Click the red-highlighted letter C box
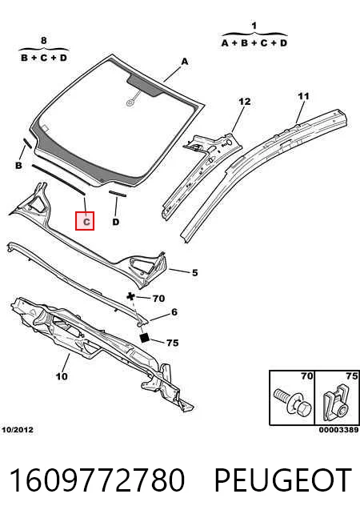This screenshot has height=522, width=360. click(85, 221)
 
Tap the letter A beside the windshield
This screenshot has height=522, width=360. click(185, 62)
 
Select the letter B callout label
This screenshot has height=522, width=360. click(18, 165)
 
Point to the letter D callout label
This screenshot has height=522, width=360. click(116, 222)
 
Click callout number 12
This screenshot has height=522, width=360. click(245, 102)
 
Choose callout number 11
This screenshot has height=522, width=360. click(303, 96)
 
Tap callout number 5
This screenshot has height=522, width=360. click(195, 273)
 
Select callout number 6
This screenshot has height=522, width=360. click(174, 312)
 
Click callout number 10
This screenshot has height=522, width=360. click(62, 376)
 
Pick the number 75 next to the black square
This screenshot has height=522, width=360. click(172, 343)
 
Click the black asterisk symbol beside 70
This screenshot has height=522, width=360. click(131, 296)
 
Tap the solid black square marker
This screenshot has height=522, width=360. click(145, 338)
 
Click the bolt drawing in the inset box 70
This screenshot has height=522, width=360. click(293, 402)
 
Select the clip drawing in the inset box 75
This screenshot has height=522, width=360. click(336, 402)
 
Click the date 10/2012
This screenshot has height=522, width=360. click(18, 430)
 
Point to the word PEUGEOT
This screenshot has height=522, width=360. click(282, 480)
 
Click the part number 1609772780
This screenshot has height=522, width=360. click(97, 480)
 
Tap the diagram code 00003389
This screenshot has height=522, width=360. click(338, 430)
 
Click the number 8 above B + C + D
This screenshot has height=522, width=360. click(43, 41)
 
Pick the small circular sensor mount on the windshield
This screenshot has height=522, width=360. click(130, 102)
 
